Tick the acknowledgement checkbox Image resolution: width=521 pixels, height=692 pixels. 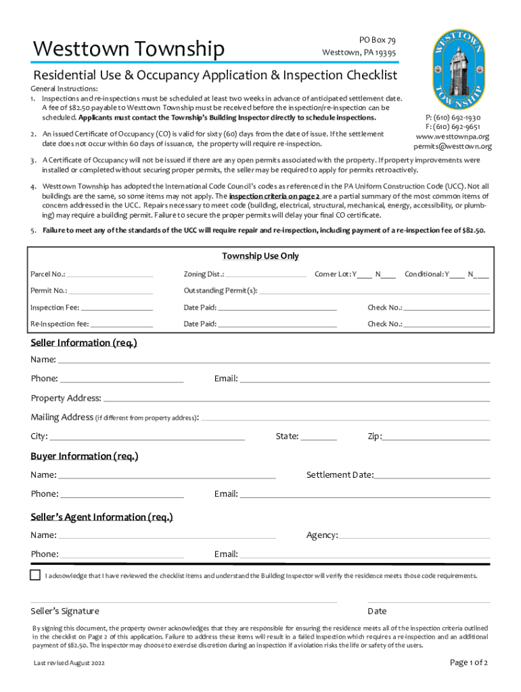[35, 575]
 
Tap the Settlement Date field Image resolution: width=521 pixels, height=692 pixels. [432, 476]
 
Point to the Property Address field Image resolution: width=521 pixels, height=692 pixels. [296, 399]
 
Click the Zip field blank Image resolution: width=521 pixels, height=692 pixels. [436, 437]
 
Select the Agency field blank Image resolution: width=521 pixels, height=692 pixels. [414, 536]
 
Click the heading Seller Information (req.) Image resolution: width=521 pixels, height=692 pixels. [84, 343]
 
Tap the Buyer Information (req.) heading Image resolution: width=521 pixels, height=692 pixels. [85, 456]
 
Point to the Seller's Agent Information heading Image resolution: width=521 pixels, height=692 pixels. [101, 517]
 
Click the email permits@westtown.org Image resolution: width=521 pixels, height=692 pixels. [453, 146]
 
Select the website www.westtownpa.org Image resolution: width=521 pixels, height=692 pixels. [453, 136]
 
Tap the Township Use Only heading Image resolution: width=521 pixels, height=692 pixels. [260, 256]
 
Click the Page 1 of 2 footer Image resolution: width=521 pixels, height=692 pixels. [469, 662]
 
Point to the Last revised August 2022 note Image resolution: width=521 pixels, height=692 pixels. [69, 664]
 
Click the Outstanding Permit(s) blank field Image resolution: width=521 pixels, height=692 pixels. [375, 291]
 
